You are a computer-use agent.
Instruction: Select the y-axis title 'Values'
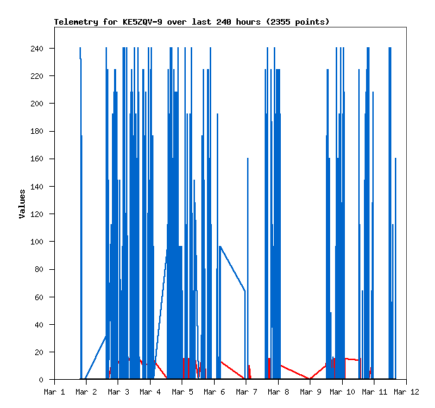click(23, 204)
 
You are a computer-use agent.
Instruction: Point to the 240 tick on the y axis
click(36, 49)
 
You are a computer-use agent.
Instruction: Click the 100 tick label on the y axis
click(36, 242)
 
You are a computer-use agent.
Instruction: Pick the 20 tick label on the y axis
click(38, 352)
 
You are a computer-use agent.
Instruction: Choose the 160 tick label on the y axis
click(36, 159)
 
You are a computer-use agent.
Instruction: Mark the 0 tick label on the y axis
click(41, 380)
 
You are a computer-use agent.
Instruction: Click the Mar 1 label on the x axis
click(54, 392)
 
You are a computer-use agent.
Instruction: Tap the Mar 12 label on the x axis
click(406, 392)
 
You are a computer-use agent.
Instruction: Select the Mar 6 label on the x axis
click(214, 392)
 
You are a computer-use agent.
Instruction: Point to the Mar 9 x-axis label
click(310, 392)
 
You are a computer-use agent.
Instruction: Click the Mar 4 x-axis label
click(150, 392)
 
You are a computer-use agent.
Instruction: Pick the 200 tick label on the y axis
click(36, 104)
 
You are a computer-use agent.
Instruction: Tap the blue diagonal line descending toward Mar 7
click(232, 268)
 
